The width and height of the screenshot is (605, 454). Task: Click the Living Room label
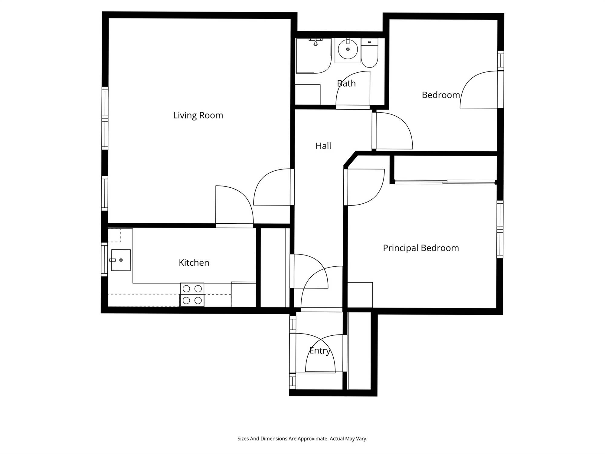point(198,115)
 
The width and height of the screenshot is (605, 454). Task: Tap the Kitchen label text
point(194,262)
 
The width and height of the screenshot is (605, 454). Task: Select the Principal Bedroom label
point(421,248)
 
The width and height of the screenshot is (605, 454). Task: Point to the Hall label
point(323,146)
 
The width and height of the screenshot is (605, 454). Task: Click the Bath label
point(346,83)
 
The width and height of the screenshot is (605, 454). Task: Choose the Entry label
point(319,350)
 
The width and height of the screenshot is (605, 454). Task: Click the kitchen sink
point(121,260)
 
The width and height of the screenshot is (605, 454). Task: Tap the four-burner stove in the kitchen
point(192,294)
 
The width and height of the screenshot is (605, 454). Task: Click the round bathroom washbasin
point(348,49)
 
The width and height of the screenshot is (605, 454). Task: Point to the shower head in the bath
point(316,42)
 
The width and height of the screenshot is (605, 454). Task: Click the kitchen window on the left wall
point(104,259)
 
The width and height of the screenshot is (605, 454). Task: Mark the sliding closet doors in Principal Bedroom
point(445,182)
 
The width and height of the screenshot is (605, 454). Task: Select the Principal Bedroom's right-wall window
point(500,229)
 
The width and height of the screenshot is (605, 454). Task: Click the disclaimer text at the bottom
point(302,439)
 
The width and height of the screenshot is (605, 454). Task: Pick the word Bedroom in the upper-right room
point(441,95)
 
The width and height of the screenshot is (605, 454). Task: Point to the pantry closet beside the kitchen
point(273,268)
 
